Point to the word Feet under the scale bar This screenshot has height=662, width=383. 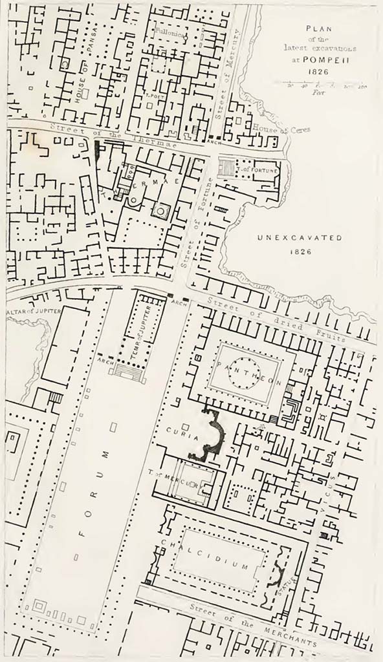[x=318, y=92]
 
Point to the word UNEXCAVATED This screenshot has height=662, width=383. [x=300, y=238]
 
